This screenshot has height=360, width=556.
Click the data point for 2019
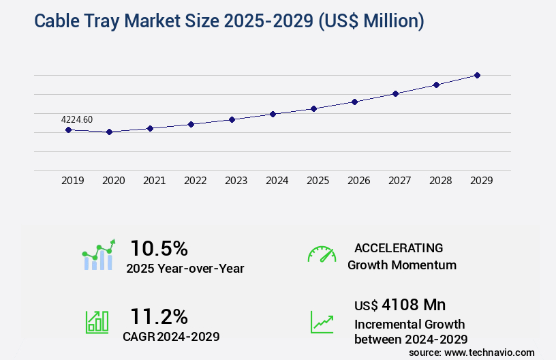tap(68, 130)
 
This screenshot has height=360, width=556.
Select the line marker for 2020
tap(109, 132)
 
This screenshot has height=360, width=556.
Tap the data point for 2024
tap(273, 114)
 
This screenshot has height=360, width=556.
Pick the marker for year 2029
tap(477, 75)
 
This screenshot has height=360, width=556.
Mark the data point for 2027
tap(395, 93)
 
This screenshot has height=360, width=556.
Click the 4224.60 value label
tap(77, 119)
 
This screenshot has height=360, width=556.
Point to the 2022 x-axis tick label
tap(195, 181)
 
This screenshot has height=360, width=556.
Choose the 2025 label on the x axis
tap(318, 181)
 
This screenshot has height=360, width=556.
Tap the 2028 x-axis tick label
tap(440, 181)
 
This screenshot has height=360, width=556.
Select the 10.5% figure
tap(159, 248)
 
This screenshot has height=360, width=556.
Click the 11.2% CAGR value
tap(159, 316)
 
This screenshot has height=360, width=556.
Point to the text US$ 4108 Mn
tap(400, 304)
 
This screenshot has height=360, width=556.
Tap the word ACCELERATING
tap(399, 247)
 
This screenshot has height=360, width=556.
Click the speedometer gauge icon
tap(322, 254)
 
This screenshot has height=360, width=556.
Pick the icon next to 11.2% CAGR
tap(96, 322)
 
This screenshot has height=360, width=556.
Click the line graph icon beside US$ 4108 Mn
tap(322, 322)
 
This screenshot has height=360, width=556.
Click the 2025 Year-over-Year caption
tap(185, 269)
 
